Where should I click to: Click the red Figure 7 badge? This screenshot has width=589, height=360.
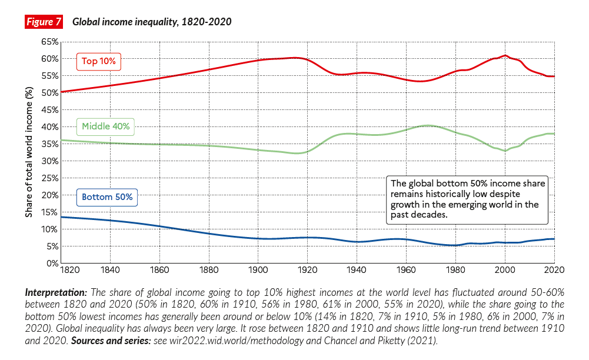44,22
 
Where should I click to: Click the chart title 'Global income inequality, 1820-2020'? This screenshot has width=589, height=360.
152,22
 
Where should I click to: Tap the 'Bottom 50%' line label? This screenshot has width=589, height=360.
107,196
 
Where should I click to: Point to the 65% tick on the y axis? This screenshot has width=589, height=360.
49,42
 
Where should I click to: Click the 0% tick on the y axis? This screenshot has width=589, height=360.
52,263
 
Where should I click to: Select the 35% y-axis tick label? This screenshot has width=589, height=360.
49,144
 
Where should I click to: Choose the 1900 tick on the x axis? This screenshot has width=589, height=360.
257,271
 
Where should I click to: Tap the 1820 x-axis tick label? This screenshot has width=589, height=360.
69,271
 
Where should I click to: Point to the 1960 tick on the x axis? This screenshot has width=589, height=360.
406,271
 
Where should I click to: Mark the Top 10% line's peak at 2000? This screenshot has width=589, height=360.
505,56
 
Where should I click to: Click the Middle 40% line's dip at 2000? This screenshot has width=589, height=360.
505,151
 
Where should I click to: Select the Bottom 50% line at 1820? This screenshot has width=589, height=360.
61,217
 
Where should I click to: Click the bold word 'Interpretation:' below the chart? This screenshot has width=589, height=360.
55,292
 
